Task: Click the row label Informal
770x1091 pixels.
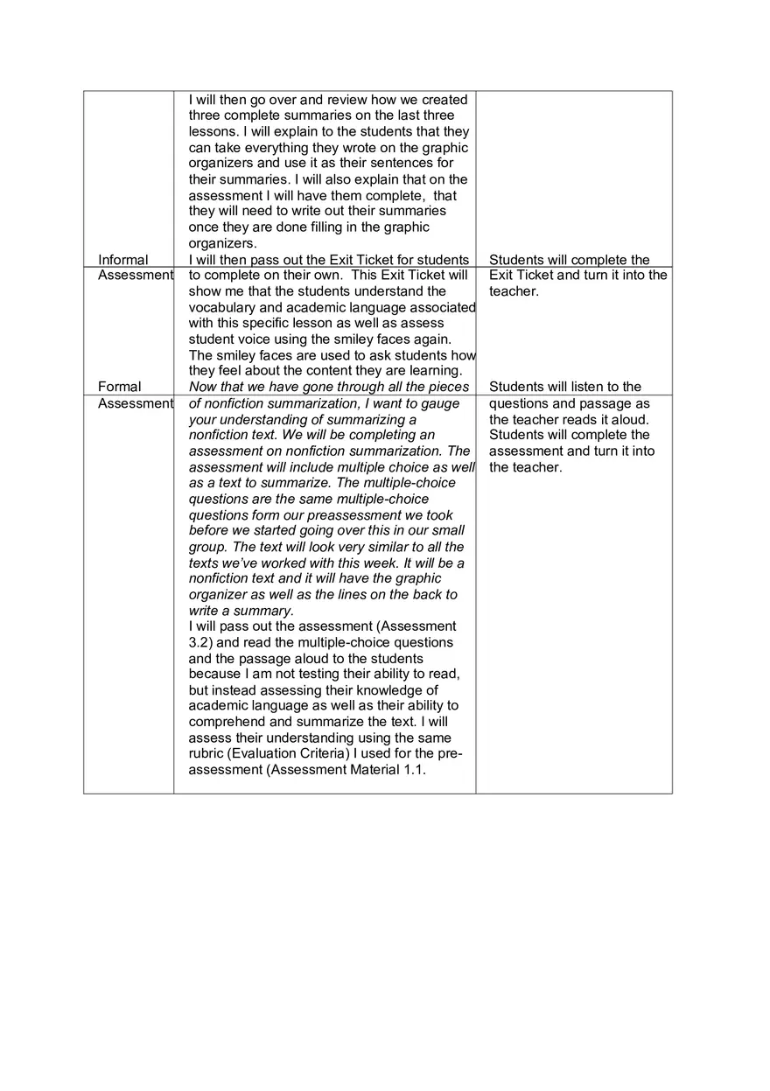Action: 123,260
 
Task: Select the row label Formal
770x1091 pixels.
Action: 120,387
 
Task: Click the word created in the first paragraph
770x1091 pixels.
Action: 444,100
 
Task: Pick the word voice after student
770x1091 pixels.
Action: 255,339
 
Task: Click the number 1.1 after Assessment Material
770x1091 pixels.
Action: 412,770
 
